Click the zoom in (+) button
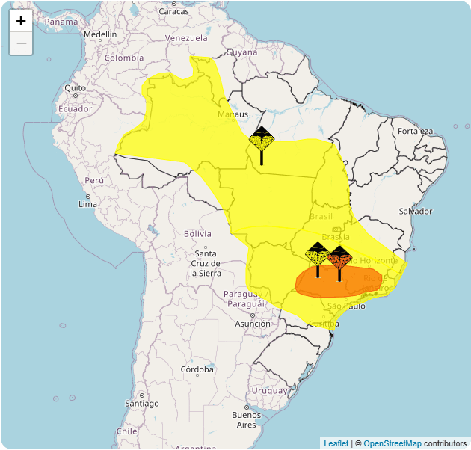(21, 21)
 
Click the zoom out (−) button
(21, 43)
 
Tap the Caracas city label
(173, 11)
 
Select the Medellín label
(100, 34)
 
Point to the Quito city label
(76, 88)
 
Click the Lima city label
(87, 204)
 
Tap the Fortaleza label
(415, 132)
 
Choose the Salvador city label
(416, 212)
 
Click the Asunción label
(253, 324)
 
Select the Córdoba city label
(197, 369)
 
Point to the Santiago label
(142, 404)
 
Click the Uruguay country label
(269, 391)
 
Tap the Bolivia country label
(197, 234)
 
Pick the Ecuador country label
(75, 109)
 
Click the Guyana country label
(241, 52)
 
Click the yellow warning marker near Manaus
(262, 140)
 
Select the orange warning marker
(339, 258)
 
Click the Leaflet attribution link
(336, 443)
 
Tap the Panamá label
(61, 22)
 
